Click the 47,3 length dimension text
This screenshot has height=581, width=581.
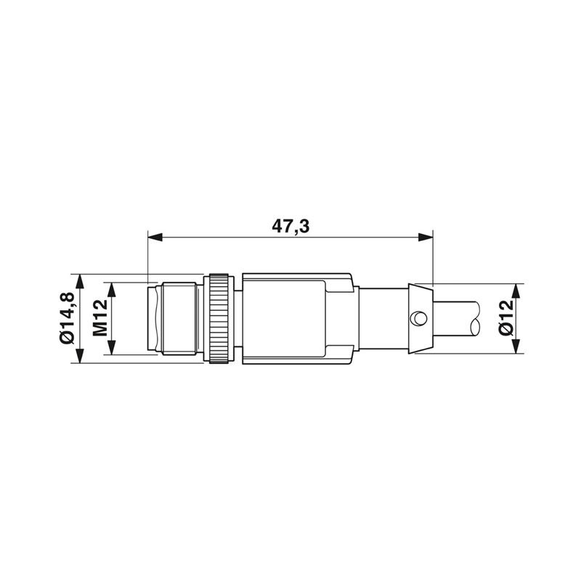tap(290, 226)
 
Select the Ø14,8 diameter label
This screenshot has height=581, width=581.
tap(67, 318)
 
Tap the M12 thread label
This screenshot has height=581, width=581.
tap(100, 318)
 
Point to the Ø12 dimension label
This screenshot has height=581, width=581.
tap(506, 318)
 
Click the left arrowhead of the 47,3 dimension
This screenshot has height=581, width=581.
tap(155, 237)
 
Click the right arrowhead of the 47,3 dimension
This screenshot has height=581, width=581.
tap(426, 237)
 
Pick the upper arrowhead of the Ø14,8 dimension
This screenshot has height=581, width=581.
tap(80, 282)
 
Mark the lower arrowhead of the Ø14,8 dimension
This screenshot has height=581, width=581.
tap(80, 356)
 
